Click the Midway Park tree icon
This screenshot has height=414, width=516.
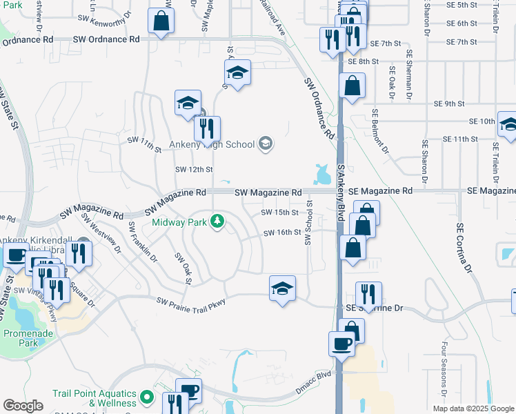coord(218,221)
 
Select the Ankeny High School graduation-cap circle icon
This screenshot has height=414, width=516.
coord(266,144)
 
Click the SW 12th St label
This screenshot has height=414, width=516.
coord(193,169)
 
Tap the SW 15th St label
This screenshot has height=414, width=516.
coord(280,213)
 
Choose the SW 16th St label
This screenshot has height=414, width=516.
coord(281,233)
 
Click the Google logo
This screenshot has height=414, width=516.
coord(23,405)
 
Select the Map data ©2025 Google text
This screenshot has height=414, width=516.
coord(473,408)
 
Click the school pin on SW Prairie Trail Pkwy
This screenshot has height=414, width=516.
coord(281,288)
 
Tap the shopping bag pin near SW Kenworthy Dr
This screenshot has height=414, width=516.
coord(161,21)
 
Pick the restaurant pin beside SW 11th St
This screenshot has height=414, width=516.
coord(207,128)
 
